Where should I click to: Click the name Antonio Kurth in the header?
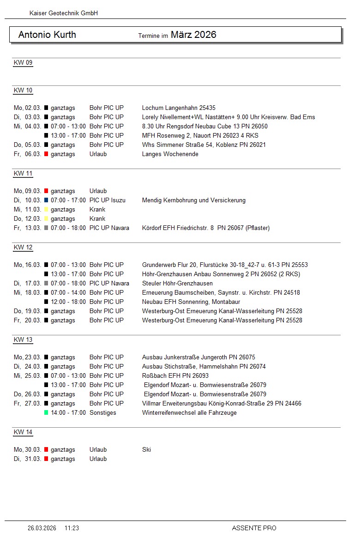click(47, 35)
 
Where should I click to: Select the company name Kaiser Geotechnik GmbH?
click(64, 13)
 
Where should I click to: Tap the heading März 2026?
click(193, 35)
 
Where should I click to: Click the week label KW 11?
click(23, 174)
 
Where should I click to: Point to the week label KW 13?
click(23, 340)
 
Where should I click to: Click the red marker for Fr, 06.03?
click(46, 154)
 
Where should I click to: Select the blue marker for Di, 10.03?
click(46, 200)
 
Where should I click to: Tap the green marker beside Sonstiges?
click(46, 413)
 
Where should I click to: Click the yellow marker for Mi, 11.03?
click(46, 210)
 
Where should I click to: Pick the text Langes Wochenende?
click(170, 154)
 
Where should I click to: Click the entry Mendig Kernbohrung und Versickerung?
click(194, 200)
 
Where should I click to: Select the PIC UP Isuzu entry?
click(108, 200)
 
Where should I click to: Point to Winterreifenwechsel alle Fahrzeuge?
click(189, 413)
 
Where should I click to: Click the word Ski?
click(146, 450)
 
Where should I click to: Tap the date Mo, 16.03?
click(28, 265)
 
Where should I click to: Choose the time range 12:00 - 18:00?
click(68, 302)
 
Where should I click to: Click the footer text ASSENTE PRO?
click(254, 528)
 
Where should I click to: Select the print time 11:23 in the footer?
click(72, 528)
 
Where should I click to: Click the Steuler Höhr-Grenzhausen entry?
click(177, 284)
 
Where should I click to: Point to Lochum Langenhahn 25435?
click(179, 108)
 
